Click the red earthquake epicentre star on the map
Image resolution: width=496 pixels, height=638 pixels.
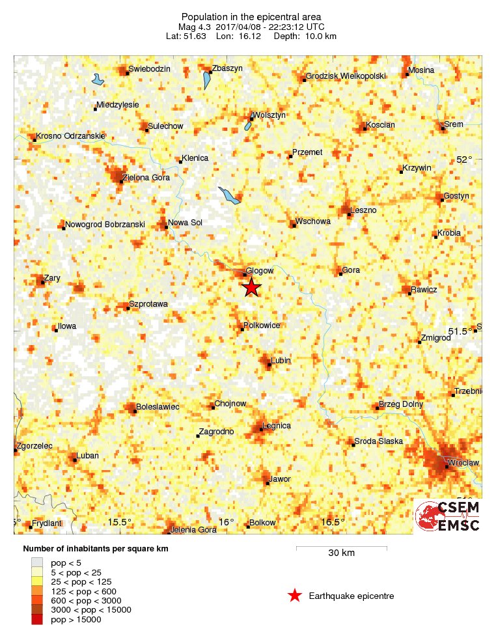click(251, 287)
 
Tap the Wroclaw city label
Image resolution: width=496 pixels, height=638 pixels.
click(465, 462)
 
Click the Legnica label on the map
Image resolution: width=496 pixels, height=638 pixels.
click(276, 426)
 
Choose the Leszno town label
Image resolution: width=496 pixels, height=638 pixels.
click(363, 210)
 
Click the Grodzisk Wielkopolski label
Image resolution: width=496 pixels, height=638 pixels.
click(346, 76)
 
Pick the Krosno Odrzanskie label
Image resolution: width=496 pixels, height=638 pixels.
click(70, 136)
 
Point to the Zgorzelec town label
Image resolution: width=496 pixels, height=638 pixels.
click(34, 446)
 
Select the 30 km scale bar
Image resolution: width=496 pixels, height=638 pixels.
click(341, 548)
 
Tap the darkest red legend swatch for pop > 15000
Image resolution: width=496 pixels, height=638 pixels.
click(36, 619)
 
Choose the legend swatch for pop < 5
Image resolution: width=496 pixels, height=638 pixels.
click(36, 562)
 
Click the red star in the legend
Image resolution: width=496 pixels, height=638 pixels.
click(295, 595)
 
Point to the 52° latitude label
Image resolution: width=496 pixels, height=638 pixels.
click(464, 159)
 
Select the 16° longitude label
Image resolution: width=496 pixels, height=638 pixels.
click(226, 522)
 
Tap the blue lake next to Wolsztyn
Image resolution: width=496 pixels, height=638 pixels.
click(248, 123)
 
